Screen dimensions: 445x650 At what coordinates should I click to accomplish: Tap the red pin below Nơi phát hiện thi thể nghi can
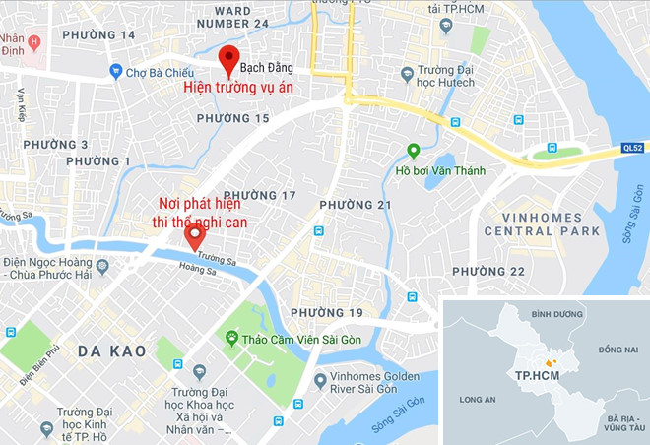(195, 234)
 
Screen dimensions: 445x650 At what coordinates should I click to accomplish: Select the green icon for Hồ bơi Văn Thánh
(414, 151)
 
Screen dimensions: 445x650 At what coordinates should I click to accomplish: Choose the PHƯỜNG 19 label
(327, 313)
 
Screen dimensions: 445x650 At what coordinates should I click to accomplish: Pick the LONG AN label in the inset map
(477, 400)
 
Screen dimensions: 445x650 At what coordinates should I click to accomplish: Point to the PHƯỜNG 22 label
(488, 272)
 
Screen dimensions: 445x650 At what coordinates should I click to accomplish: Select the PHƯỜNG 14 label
(97, 34)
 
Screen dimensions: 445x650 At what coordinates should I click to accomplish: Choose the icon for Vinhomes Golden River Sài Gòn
(319, 380)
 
